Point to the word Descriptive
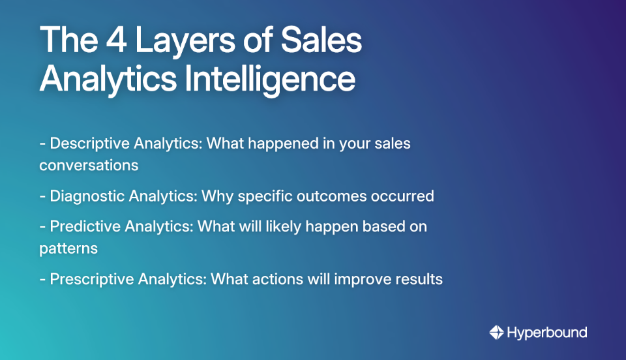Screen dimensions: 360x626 [89, 143]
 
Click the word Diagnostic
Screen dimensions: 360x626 [87, 196]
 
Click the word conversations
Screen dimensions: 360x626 [89, 165]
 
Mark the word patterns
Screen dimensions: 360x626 [68, 248]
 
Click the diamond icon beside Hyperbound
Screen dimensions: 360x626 [497, 333]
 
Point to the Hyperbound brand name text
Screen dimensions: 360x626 [547, 333]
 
